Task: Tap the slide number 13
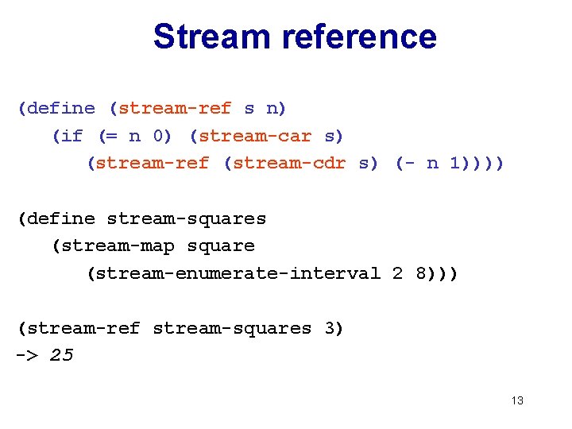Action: click(x=517, y=400)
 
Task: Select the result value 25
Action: click(x=61, y=355)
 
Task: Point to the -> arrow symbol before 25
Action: click(x=26, y=355)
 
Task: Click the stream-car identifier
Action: click(x=254, y=136)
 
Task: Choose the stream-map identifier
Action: click(x=118, y=246)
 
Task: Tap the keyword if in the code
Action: click(x=71, y=136)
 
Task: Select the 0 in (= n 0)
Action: click(x=158, y=136)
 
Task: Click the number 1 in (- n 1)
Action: click(x=454, y=164)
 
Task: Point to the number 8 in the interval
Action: click(x=420, y=273)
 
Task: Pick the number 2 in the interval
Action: click(x=397, y=273)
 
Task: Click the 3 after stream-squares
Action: click(x=329, y=328)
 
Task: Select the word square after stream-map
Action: click(x=221, y=246)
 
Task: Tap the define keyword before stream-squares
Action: click(x=60, y=218)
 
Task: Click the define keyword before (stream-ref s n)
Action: click(x=60, y=109)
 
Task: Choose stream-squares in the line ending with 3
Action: click(x=231, y=328)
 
